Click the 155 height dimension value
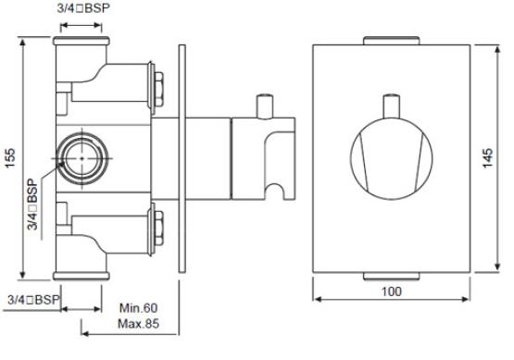point(10,158)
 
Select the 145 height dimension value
point(488,158)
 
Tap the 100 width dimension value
point(392,292)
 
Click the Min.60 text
point(138,308)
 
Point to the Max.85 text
point(138,324)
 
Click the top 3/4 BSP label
point(83,8)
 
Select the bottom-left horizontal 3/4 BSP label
point(33,300)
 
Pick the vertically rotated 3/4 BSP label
point(32,205)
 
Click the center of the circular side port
point(81,158)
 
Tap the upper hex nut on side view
point(158,89)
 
